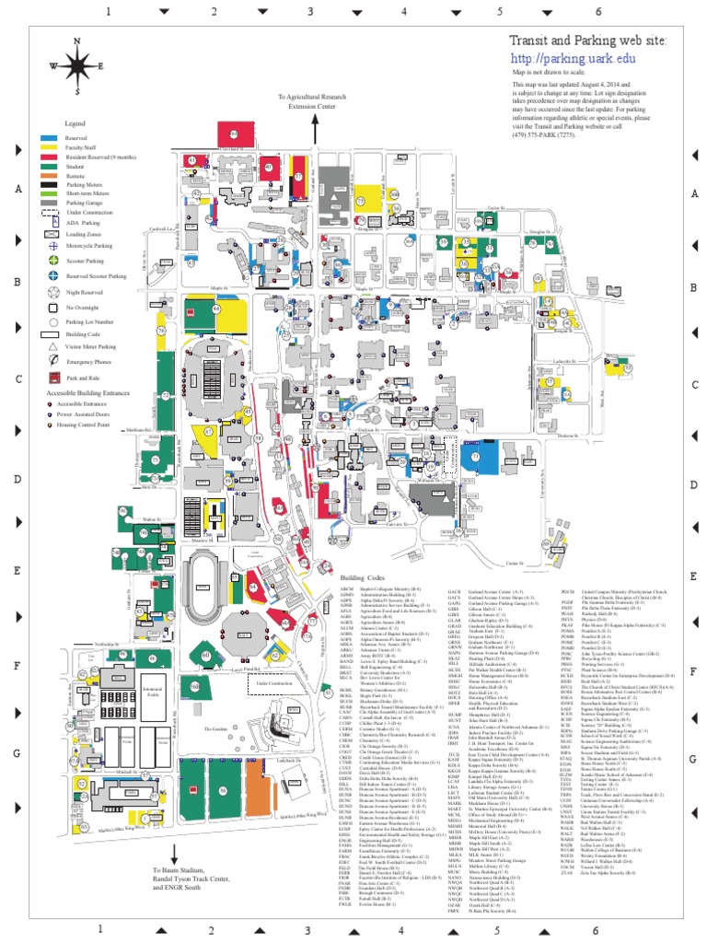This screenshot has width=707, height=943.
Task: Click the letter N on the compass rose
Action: (x=76, y=41)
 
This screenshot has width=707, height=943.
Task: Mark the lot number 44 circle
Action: (x=218, y=310)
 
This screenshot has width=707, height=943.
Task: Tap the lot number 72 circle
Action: (x=167, y=393)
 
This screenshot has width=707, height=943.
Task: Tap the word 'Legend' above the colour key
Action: (x=74, y=122)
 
